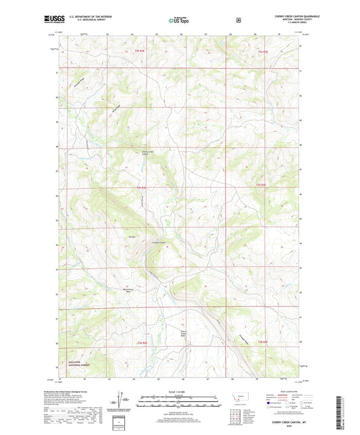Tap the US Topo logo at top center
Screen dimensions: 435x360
click(178, 20)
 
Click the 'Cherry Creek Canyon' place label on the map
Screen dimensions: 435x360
click(148, 153)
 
